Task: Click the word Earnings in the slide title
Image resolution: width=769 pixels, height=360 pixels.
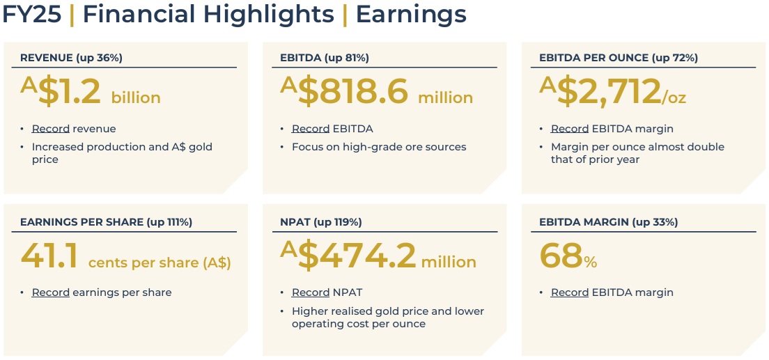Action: (x=411, y=14)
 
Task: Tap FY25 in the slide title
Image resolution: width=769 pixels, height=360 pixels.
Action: (x=32, y=14)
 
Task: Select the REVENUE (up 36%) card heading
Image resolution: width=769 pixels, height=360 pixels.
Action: (x=71, y=58)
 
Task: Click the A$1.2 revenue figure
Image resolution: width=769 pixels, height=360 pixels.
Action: (x=61, y=92)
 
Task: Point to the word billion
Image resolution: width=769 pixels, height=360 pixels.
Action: (x=136, y=97)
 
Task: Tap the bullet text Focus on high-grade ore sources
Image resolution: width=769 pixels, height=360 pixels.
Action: (x=379, y=147)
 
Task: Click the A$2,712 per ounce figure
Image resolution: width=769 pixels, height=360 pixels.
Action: (x=600, y=92)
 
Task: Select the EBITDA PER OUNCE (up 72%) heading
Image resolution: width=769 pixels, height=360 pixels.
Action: (x=619, y=58)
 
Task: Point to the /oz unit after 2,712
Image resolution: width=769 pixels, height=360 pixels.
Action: (x=674, y=97)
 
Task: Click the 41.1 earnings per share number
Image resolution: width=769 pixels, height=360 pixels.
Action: (x=49, y=256)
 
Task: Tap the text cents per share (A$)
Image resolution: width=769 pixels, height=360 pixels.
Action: (x=160, y=263)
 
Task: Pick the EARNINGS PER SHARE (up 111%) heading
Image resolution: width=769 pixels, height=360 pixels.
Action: (x=106, y=222)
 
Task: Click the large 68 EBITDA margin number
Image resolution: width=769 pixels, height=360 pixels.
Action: (x=561, y=256)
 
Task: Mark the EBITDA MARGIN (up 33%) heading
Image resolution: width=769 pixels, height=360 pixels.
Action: (x=608, y=222)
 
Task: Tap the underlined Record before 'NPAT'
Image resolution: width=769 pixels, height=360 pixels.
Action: (x=311, y=292)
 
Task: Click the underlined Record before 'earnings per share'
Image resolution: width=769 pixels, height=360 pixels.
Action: (x=51, y=292)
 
